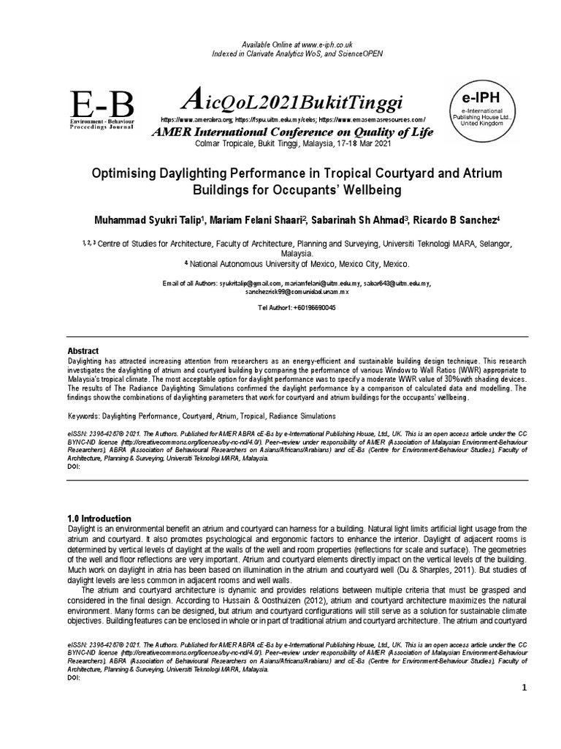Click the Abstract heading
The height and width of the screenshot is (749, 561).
(x=83, y=351)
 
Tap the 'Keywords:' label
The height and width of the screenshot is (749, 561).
(x=84, y=415)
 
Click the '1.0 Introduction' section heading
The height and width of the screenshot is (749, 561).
(x=99, y=519)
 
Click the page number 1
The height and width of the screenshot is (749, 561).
(x=524, y=690)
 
